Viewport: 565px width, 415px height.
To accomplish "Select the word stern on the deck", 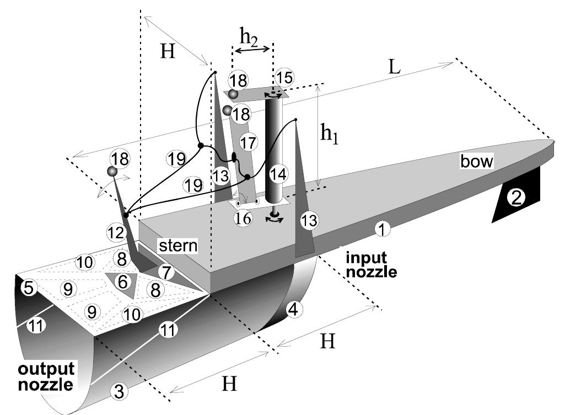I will click(x=179, y=245).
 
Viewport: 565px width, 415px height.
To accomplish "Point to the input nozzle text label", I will click(x=372, y=263).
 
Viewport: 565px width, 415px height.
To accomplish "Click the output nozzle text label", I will click(x=45, y=376).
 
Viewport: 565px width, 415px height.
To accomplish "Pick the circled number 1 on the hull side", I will click(x=380, y=227).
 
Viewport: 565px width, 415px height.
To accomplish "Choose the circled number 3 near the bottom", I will click(x=119, y=392).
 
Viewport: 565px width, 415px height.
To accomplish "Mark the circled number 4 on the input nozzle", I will click(x=293, y=310).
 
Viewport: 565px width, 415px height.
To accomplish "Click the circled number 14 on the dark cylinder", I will click(x=279, y=175).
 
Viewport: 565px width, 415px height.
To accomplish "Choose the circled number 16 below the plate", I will click(x=243, y=218).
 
